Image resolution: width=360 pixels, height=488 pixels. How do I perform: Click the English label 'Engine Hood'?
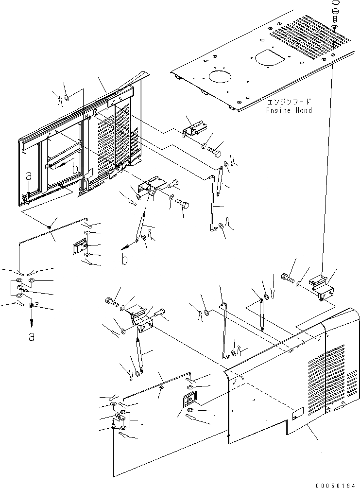coord(289,110)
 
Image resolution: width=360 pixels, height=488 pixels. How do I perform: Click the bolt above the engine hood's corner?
coord(335,13)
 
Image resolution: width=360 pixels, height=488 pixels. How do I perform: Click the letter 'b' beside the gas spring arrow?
coord(125,260)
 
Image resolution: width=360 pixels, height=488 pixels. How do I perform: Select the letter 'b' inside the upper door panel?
coord(74,169)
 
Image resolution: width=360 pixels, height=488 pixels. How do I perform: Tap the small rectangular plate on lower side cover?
coord(297,414)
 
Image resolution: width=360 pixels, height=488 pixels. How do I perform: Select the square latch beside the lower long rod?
coord(189,400)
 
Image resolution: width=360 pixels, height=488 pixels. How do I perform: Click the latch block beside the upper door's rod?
coord(78,249)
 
